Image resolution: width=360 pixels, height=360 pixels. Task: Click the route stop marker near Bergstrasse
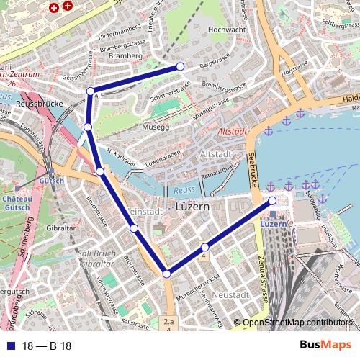(x=180, y=66)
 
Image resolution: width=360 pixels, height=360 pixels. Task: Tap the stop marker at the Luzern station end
(x=272, y=201)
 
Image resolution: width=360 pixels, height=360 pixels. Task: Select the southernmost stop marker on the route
(x=167, y=274)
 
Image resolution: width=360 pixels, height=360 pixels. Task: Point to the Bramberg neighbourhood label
(x=124, y=55)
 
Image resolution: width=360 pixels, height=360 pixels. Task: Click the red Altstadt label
(x=232, y=132)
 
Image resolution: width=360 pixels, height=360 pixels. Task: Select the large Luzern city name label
(x=192, y=207)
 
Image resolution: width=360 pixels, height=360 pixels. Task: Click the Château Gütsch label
(x=17, y=202)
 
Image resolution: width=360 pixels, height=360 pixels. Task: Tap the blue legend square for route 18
(x=9, y=346)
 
